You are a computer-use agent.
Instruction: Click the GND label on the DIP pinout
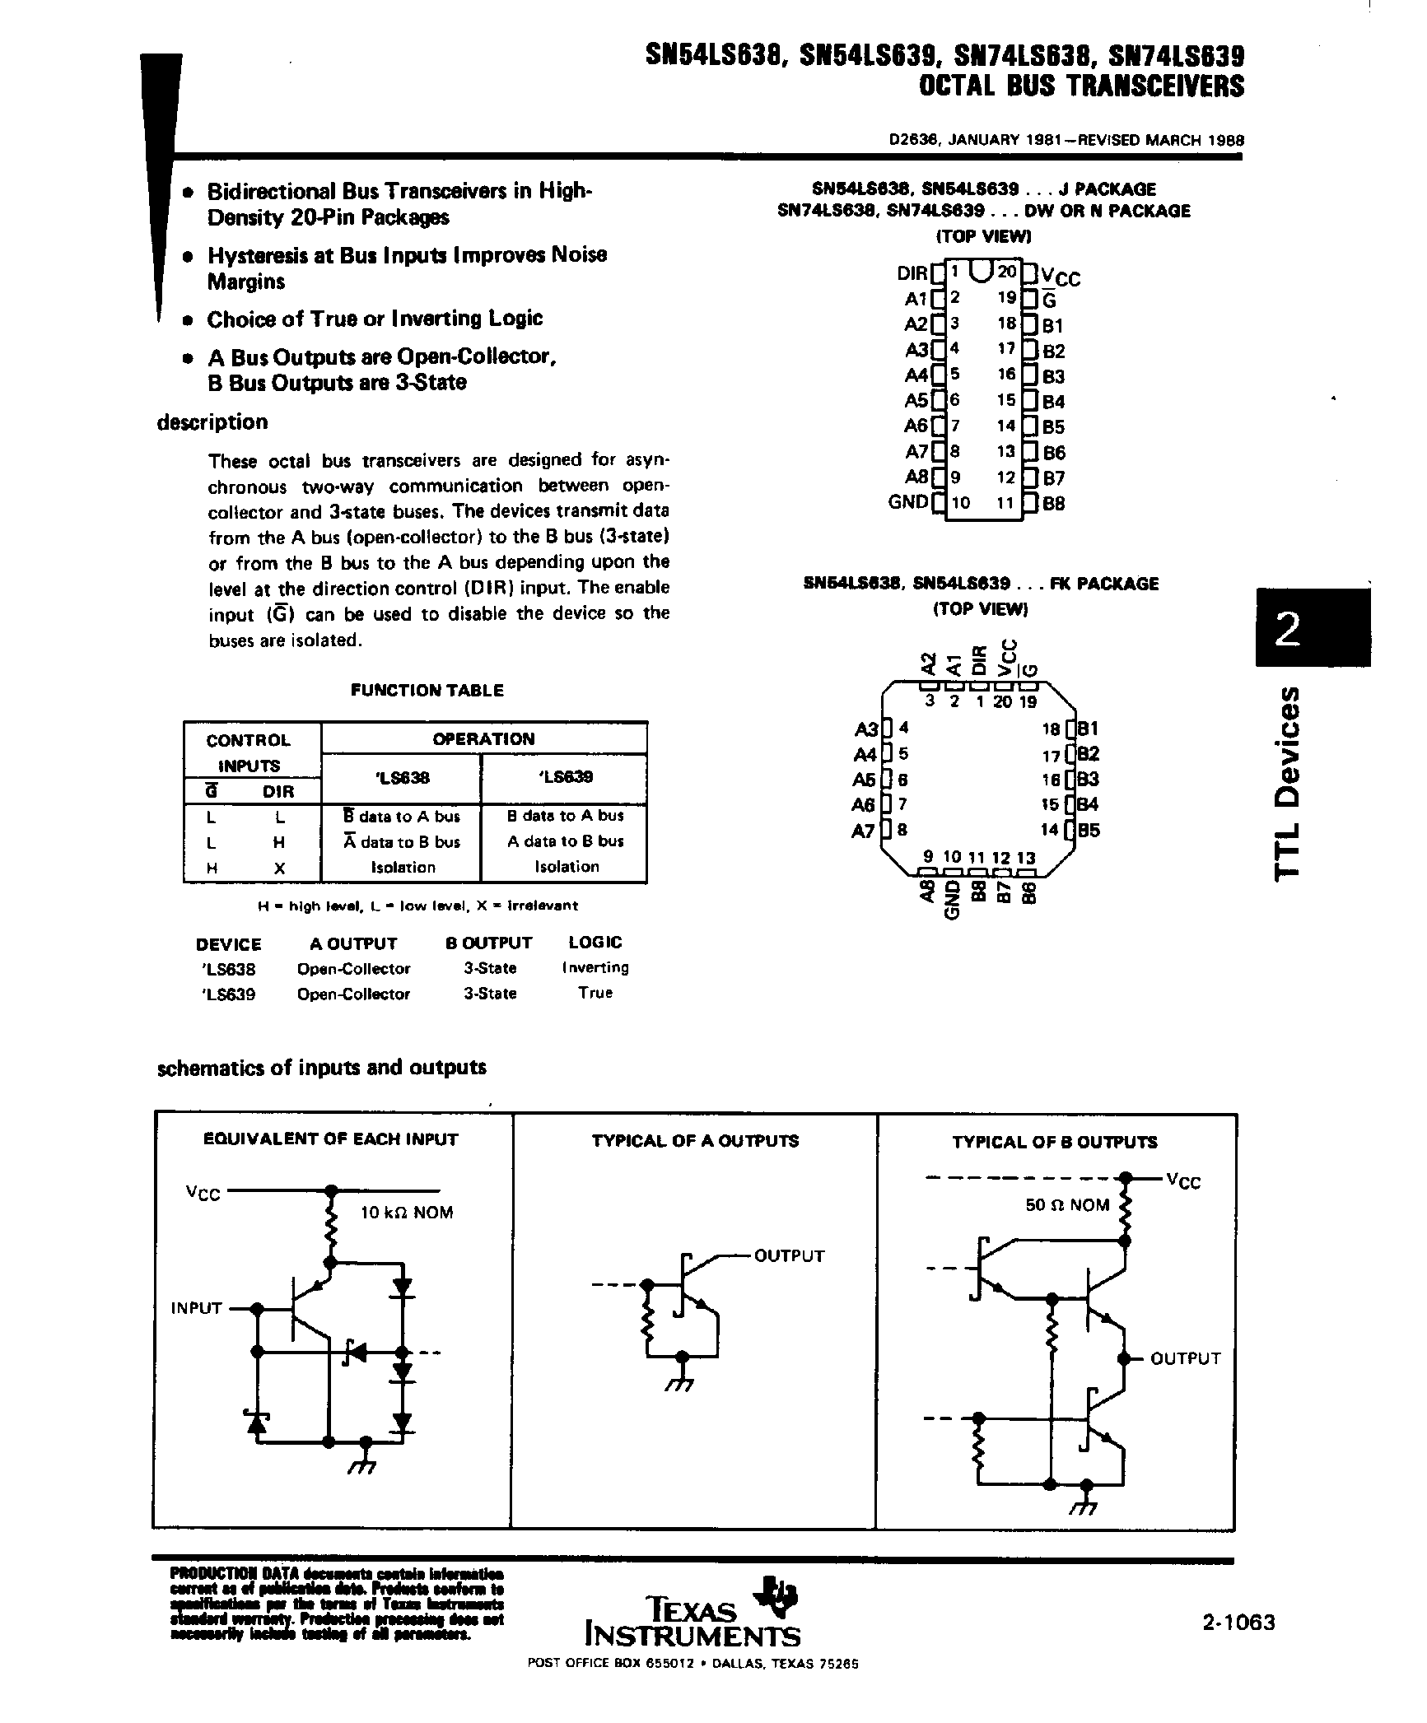[907, 501]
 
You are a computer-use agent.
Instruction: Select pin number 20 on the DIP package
[1006, 271]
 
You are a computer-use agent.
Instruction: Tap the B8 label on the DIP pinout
[1054, 503]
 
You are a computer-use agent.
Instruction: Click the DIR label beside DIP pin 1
[912, 272]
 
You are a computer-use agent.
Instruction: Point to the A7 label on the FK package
[863, 831]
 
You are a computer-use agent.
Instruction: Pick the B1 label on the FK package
[1089, 729]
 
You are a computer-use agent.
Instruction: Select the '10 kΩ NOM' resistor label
[407, 1213]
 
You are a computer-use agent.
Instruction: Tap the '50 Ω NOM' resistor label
[1067, 1204]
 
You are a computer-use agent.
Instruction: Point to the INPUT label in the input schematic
[196, 1307]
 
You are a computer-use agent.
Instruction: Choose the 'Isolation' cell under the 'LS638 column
[403, 867]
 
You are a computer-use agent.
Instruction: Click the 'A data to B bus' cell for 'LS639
[566, 841]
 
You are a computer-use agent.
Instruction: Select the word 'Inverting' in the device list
[595, 967]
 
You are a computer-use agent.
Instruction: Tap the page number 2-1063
[1238, 1622]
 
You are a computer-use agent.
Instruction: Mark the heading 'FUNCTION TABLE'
[427, 691]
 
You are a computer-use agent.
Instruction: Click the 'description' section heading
[212, 422]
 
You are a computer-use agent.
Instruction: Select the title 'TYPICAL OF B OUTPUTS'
[1054, 1142]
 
